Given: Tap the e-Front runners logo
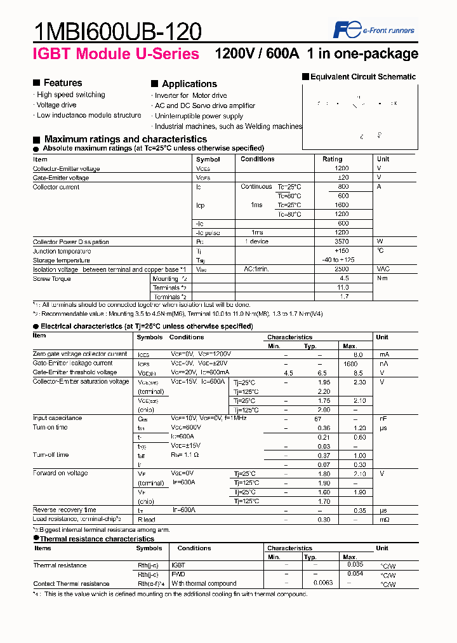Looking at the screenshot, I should click(374, 30).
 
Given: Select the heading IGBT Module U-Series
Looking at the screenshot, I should click(116, 54).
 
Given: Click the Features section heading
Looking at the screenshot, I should click(62, 83).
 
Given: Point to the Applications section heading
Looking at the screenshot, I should click(189, 84).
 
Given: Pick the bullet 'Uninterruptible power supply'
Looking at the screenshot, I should click(199, 116).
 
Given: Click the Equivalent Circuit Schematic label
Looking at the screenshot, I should click(362, 77).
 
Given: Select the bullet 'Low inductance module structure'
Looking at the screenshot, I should click(89, 116).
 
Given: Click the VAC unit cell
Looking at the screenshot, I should click(383, 269).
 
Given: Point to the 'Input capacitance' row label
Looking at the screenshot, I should click(57, 418).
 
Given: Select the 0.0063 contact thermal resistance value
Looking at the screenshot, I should click(324, 584).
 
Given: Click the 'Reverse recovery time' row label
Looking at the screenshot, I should click(65, 510).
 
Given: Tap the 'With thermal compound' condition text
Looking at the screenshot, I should click(204, 584).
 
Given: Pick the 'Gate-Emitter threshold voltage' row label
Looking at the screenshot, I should click(75, 372).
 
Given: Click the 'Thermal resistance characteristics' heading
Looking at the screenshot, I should click(97, 539).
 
